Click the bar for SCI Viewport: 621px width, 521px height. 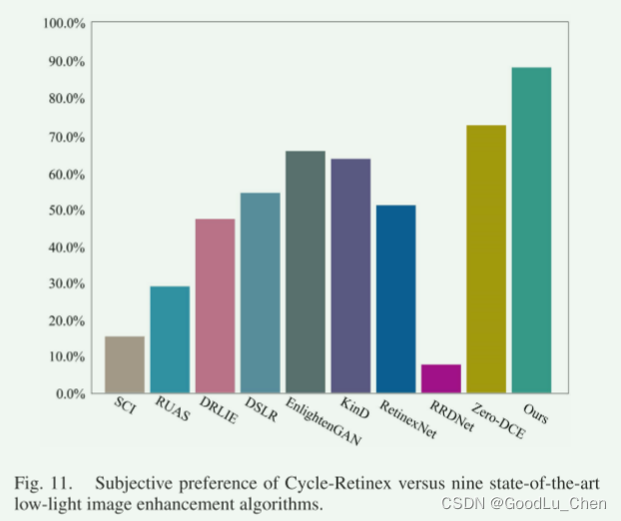coord(125,364)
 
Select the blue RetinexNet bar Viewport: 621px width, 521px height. coord(396,298)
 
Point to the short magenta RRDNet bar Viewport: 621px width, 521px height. coord(441,378)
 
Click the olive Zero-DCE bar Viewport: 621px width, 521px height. coord(486,259)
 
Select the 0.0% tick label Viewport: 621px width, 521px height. coord(70,393)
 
